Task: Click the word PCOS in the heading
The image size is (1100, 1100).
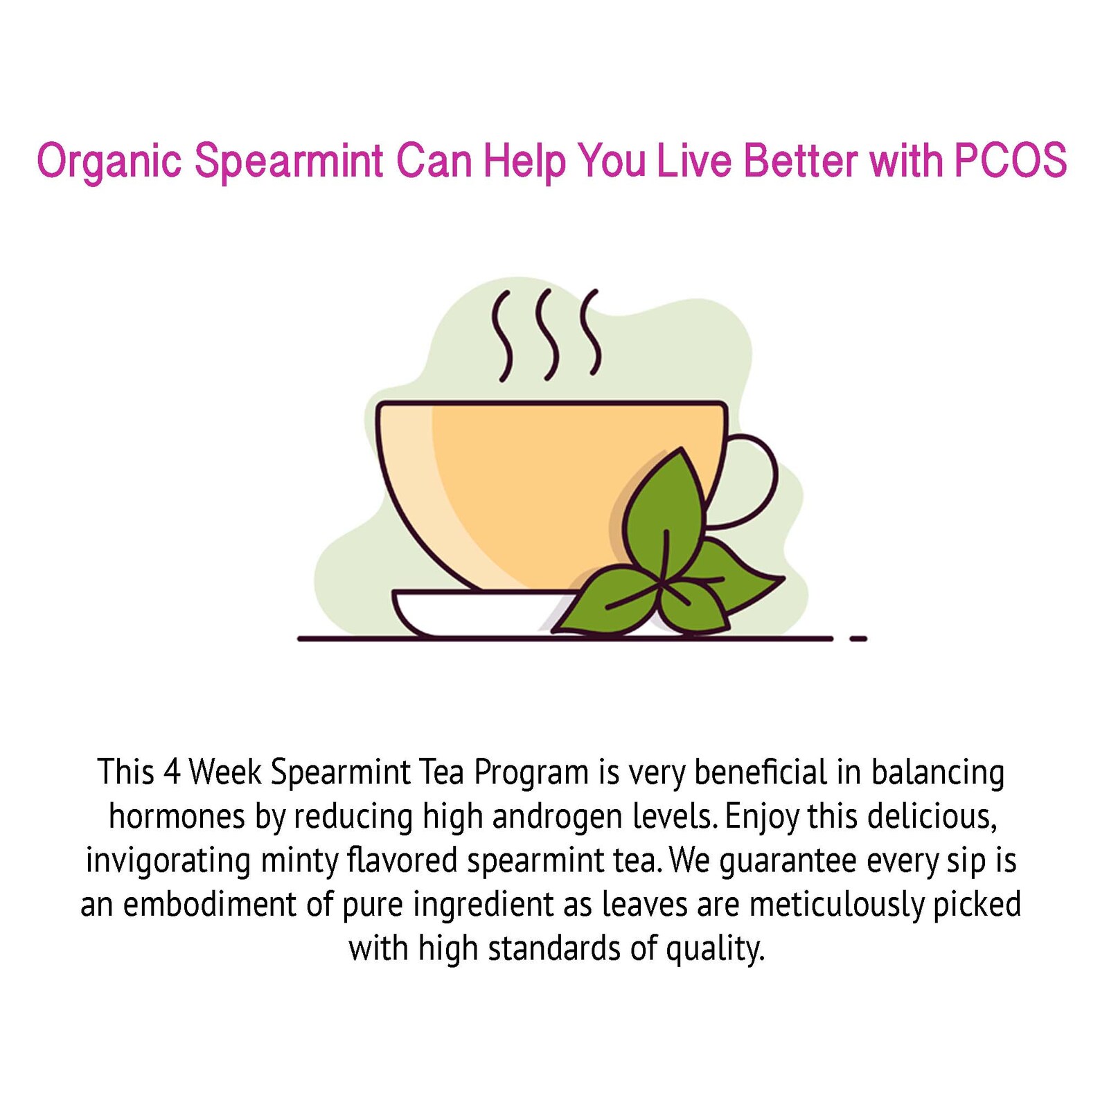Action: point(1010,161)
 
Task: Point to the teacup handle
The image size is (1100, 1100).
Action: point(756,478)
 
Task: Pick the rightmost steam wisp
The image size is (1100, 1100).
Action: point(591,332)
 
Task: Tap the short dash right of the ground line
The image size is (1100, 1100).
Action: point(858,639)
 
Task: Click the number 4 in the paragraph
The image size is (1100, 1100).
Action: point(172,772)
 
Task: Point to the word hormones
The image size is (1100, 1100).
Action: point(177,817)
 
